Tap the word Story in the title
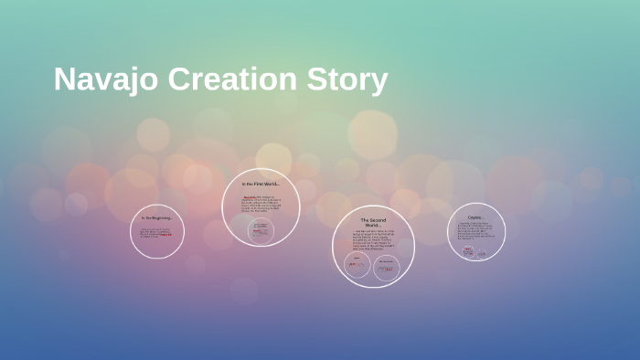pos(347,79)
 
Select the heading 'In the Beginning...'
pos(157,217)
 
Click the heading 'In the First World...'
pos(261,184)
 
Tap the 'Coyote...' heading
pos(476,217)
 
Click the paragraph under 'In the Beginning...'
pos(156,233)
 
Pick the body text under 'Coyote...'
pos(475,232)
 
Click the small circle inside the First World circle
pos(261,230)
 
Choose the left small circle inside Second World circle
pos(357,266)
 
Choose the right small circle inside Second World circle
pos(388,267)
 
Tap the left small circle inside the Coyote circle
pos(467,250)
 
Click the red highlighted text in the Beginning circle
pos(165,235)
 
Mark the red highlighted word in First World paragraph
pos(249,196)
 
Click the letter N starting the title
pos(64,79)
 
